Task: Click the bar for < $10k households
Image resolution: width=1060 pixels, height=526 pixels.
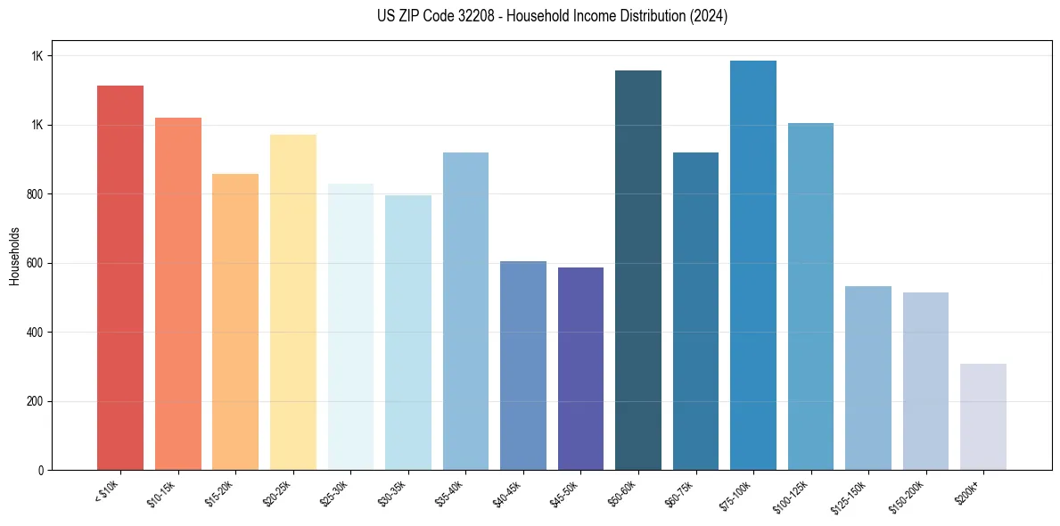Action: point(120,277)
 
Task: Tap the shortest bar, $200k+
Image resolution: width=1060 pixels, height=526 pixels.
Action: point(983,416)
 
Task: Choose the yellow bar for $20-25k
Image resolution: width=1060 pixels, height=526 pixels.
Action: point(293,302)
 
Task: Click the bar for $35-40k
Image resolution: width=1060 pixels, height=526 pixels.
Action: point(465,311)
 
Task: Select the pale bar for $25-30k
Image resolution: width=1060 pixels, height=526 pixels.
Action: point(350,326)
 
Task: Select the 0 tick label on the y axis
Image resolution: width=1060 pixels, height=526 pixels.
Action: point(41,471)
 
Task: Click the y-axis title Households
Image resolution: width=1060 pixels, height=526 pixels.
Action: point(14,255)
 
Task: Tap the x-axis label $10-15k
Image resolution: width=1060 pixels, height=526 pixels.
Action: point(161,491)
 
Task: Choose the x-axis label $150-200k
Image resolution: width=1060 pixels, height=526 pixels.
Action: point(906,494)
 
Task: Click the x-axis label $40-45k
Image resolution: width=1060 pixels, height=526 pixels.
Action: point(506,491)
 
